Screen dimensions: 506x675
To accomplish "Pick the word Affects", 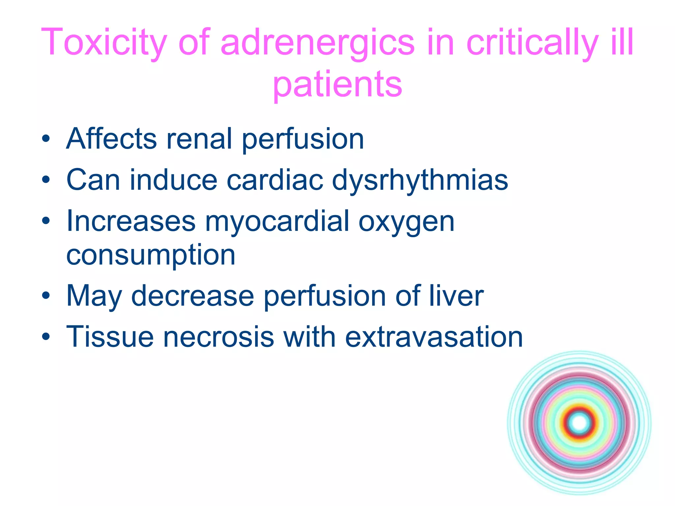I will [x=111, y=139].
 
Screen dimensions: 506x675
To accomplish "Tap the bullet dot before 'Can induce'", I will [x=46, y=180].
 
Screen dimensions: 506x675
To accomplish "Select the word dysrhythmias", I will [x=420, y=180].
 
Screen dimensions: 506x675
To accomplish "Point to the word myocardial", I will [x=277, y=222].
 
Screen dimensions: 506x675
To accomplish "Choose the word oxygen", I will [x=406, y=222].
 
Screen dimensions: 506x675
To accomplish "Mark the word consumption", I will [x=151, y=255].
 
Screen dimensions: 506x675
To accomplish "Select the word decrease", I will [x=192, y=296].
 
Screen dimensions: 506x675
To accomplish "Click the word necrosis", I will [x=219, y=337].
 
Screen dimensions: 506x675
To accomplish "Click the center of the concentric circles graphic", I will [x=579, y=423].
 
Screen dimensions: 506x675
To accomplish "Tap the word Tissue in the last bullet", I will [x=110, y=337].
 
